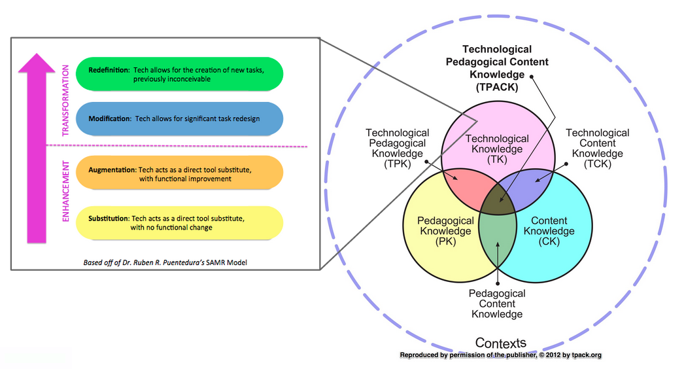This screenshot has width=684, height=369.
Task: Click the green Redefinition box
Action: click(x=179, y=74)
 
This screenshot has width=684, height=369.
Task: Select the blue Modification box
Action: click(x=179, y=118)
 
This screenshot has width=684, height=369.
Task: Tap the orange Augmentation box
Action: click(x=179, y=173)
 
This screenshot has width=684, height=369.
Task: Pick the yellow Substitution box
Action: click(x=179, y=222)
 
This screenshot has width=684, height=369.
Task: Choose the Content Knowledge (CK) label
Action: click(x=549, y=231)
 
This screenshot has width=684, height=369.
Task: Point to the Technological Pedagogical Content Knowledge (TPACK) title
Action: click(x=497, y=68)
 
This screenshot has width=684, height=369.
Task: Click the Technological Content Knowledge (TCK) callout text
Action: click(x=597, y=149)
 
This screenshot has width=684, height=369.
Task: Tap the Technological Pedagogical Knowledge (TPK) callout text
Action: click(x=398, y=149)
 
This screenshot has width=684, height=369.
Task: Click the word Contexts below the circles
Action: click(x=500, y=343)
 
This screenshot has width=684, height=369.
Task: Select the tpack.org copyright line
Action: click(x=500, y=355)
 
